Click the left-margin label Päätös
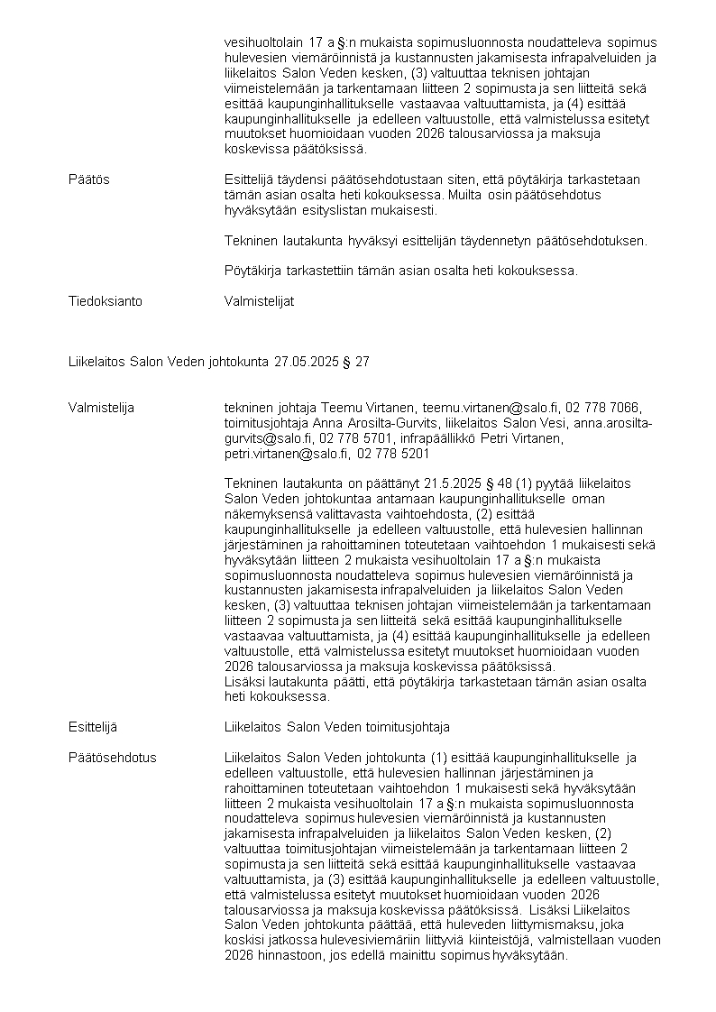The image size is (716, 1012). click(x=88, y=179)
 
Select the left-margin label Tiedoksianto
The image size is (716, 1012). click(x=105, y=301)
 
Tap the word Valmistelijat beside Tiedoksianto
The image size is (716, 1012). click(x=259, y=301)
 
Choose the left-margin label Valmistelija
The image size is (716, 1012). click(x=101, y=408)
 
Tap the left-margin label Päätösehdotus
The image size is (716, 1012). click(x=112, y=757)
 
